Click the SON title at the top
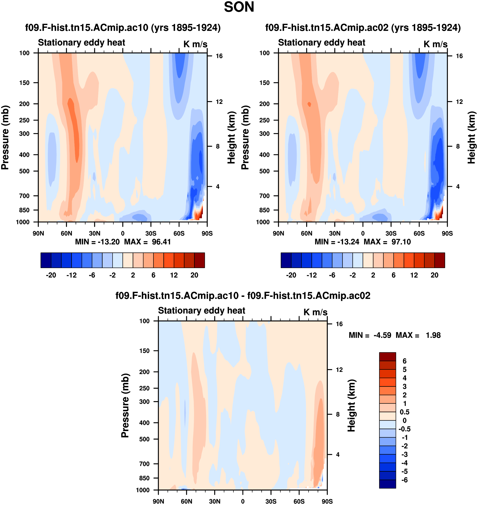pos(239,7)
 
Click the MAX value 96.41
pos(161,242)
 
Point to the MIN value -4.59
pos(382,335)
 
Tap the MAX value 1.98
pos(433,335)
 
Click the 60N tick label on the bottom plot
pos(186,501)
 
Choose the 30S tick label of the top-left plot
pos(151,233)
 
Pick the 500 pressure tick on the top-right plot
pos(264,171)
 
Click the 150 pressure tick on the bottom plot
pos(144,351)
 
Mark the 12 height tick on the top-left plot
pos(219,102)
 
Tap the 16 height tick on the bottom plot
pos(339,324)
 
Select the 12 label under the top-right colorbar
pos(414,275)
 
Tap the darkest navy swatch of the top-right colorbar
pos(286,260)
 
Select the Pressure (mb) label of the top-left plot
pos(5,137)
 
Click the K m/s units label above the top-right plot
pos(435,44)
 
